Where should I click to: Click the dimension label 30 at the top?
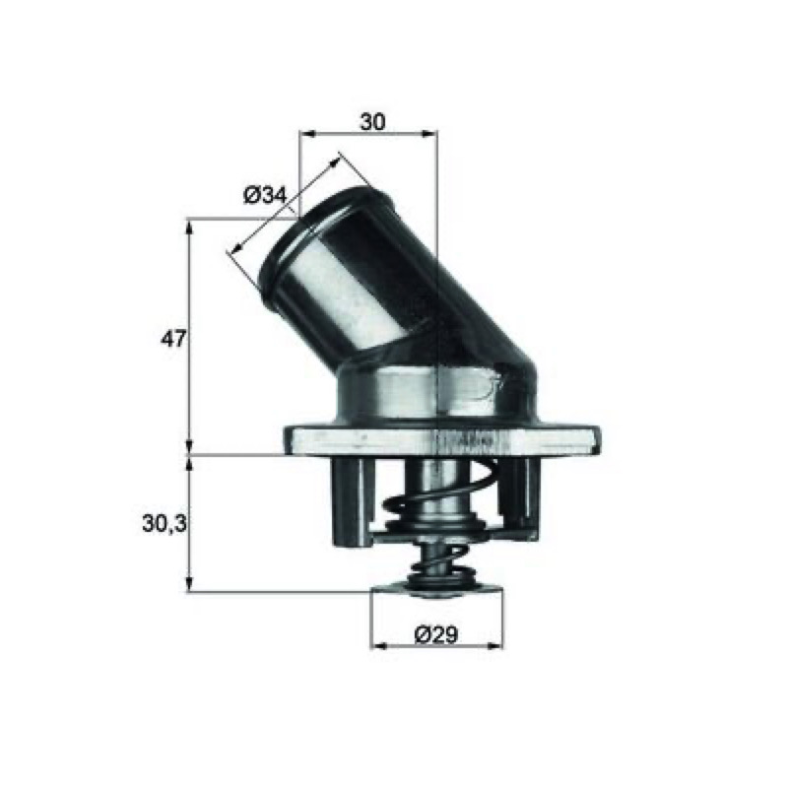tap(372, 122)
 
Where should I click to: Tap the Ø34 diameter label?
tap(265, 195)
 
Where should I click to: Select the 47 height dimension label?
tap(173, 339)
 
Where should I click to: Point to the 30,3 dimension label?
tap(164, 524)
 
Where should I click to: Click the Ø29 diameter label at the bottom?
tap(436, 635)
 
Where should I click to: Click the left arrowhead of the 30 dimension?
tap(306, 134)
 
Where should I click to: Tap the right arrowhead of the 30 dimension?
tap(429, 134)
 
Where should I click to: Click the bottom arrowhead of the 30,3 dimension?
tap(189, 584)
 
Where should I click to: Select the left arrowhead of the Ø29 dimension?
tap(378, 645)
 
